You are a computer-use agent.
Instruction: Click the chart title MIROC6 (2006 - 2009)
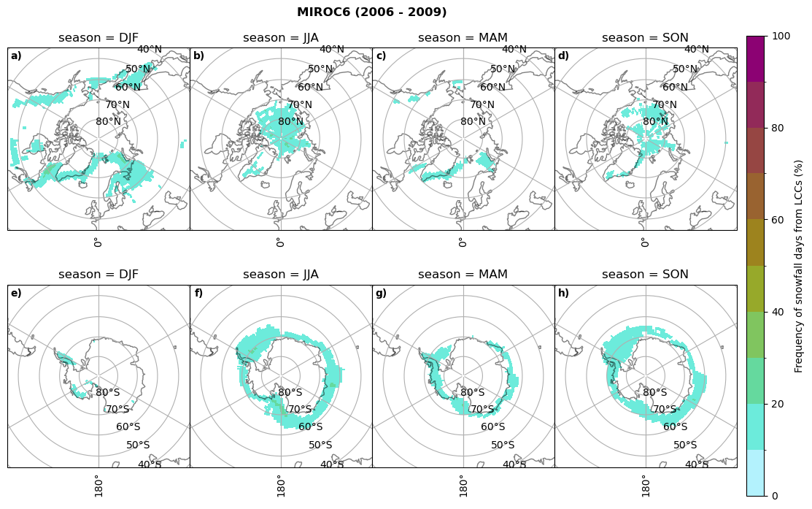point(371,12)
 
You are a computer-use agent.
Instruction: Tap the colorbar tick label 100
point(781,37)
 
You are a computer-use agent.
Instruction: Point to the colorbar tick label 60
point(778,220)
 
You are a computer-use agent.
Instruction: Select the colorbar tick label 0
point(776,496)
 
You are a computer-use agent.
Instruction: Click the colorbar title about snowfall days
point(799,266)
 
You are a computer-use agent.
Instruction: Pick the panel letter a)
point(16,56)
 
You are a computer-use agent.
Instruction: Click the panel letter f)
point(198,294)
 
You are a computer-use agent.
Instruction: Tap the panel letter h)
point(563,294)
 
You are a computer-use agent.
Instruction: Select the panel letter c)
point(381,56)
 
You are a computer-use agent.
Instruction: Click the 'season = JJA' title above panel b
point(281,38)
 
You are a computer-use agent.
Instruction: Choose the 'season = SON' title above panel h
point(645,275)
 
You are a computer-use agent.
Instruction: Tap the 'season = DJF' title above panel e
point(98,275)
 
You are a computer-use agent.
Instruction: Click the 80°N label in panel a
point(108,122)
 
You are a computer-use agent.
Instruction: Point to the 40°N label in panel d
point(696,50)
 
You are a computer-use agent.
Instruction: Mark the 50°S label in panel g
point(503,445)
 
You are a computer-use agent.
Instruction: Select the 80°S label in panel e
point(108,393)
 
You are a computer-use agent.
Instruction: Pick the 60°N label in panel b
point(310,88)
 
